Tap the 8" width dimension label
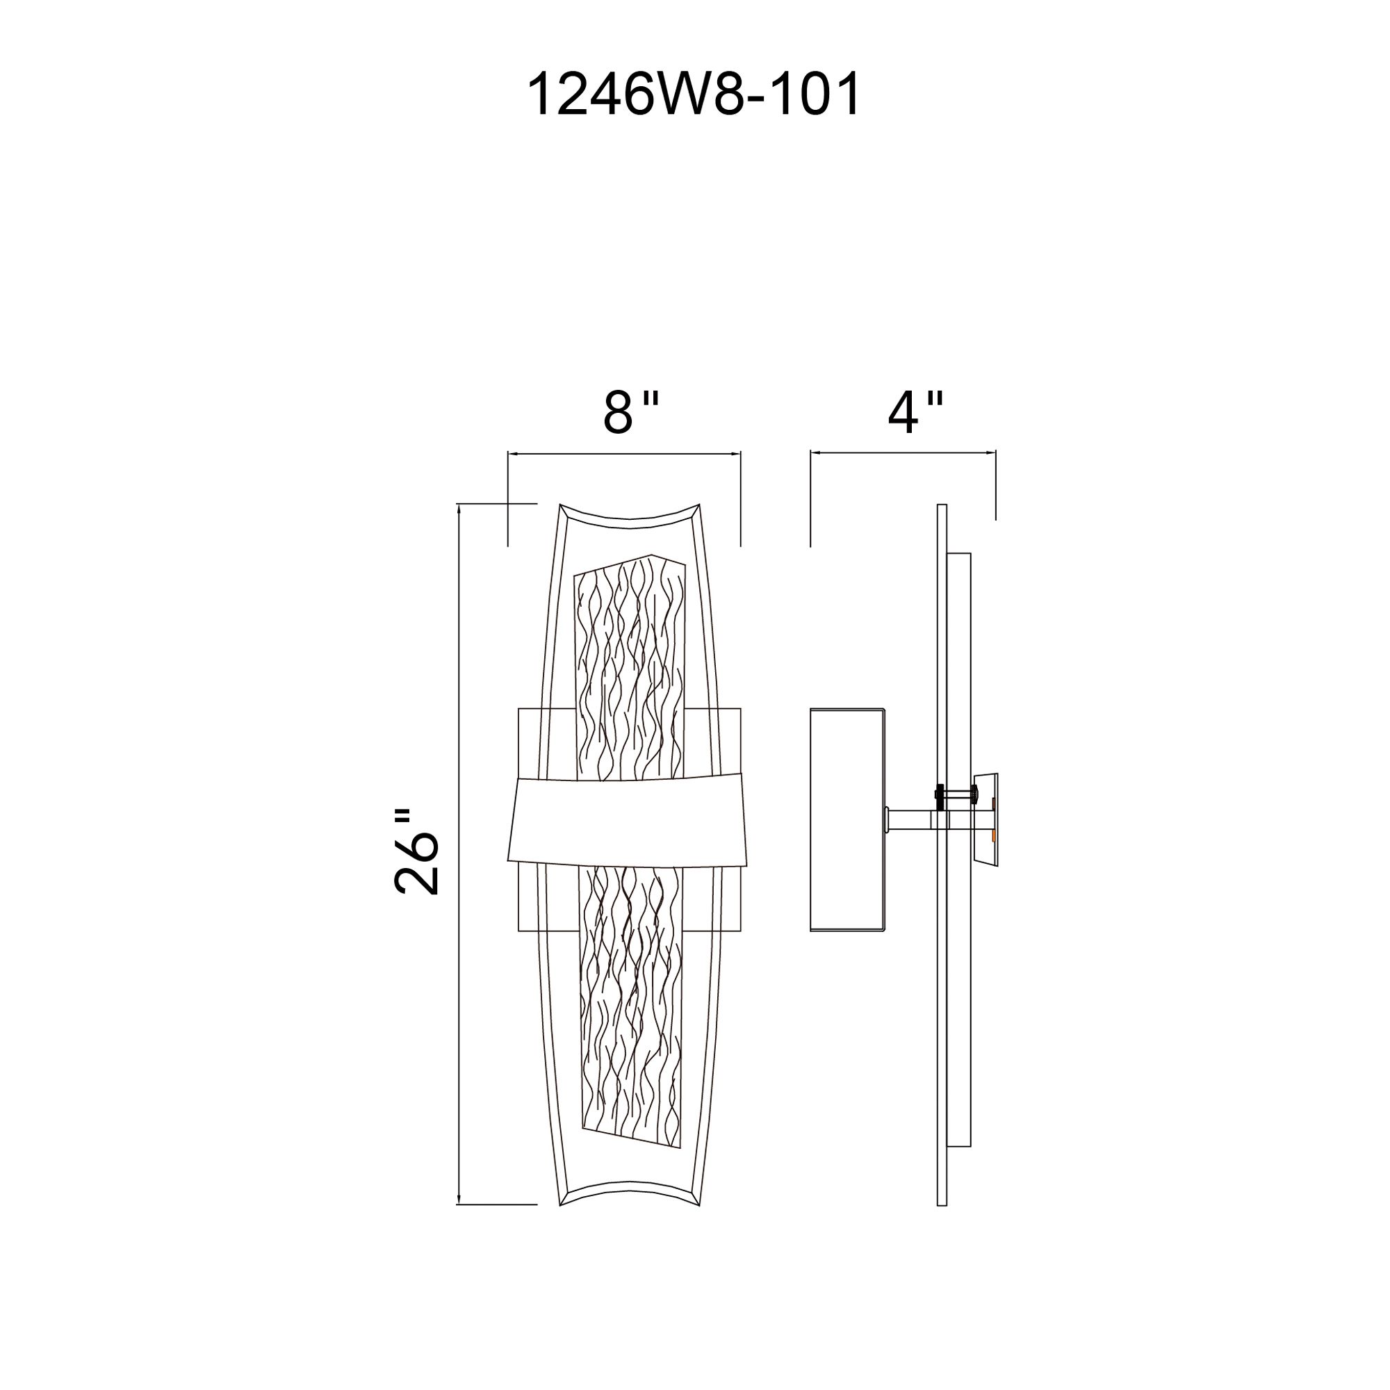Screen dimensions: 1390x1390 630,414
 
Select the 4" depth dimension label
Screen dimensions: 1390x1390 915,414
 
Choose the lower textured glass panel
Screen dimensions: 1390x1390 630,1007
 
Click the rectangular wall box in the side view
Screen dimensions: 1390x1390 847,820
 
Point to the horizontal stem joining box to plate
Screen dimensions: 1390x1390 911,819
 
